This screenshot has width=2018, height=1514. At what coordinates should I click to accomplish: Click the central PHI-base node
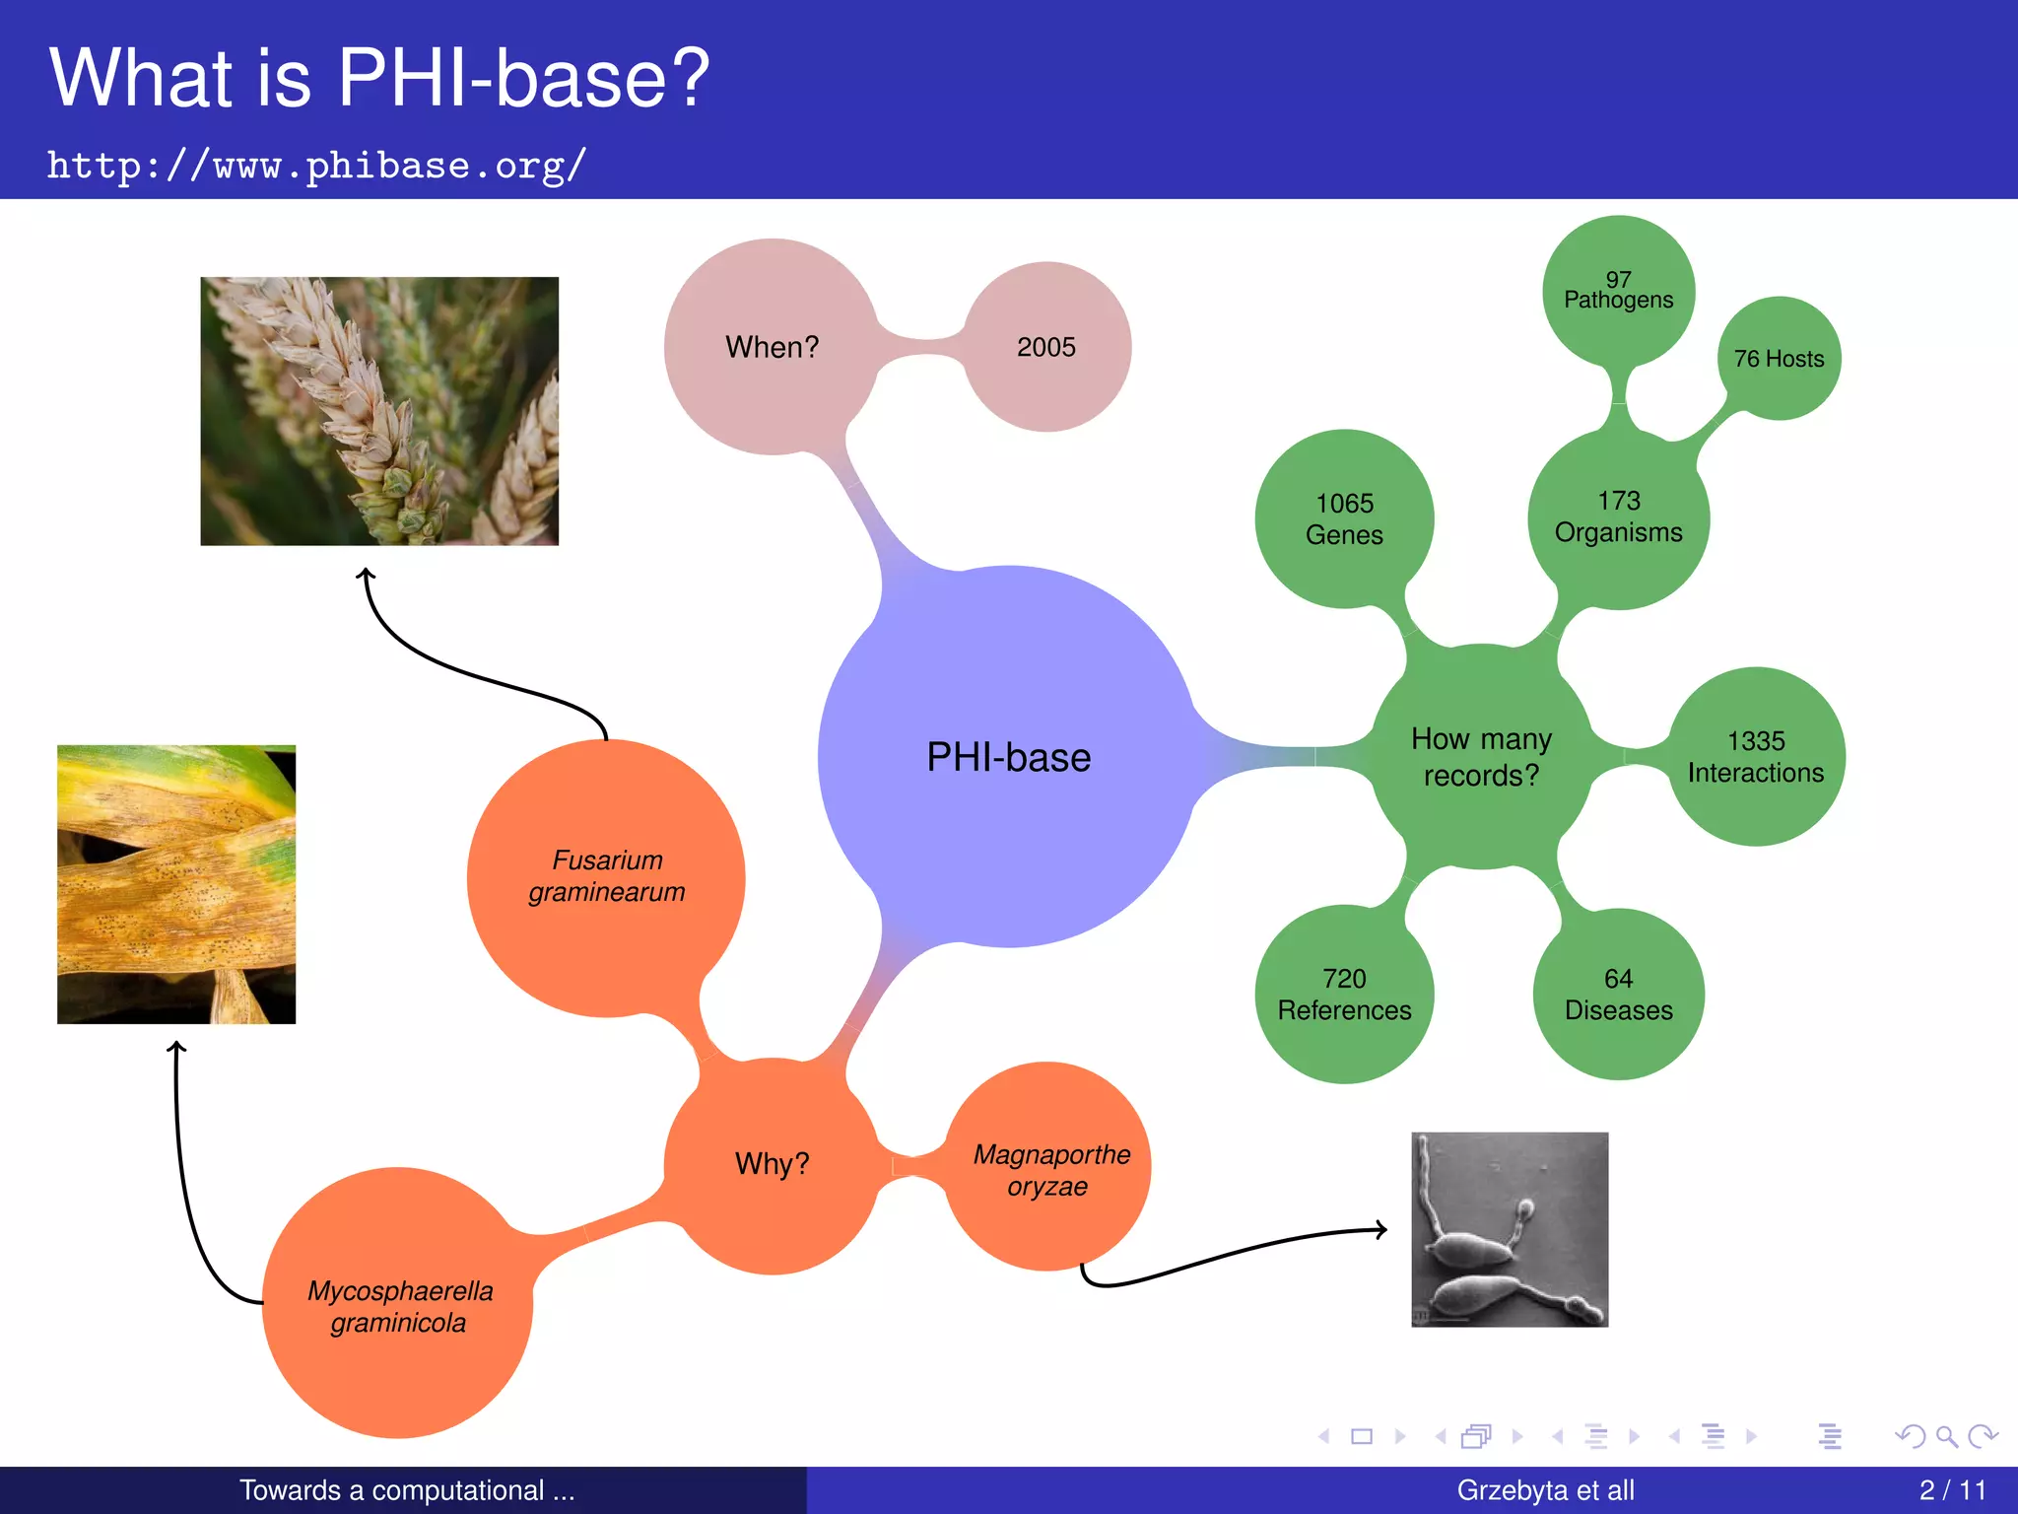[x=1008, y=757]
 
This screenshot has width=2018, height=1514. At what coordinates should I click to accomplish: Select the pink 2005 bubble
[x=1046, y=347]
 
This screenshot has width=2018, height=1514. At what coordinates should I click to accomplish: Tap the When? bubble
[x=772, y=347]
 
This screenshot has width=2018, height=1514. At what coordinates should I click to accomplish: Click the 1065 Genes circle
[x=1344, y=518]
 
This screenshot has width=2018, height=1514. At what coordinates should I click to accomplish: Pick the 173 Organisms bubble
[x=1618, y=516]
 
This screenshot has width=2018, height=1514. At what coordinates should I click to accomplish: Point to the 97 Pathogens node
[x=1618, y=290]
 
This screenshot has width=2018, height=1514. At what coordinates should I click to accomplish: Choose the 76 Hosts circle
[x=1779, y=359]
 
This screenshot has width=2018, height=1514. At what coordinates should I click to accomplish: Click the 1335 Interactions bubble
[x=1756, y=757]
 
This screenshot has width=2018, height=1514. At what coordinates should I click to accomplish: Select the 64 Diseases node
[x=1618, y=994]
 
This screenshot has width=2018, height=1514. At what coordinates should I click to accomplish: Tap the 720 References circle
[x=1344, y=994]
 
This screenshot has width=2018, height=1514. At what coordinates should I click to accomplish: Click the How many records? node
[x=1481, y=757]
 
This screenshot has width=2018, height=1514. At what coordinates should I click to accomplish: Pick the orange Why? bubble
[x=772, y=1164]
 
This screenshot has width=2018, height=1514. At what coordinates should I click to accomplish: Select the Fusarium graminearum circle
[x=606, y=876]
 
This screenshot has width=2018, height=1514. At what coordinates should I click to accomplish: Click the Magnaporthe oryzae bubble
[x=1049, y=1169]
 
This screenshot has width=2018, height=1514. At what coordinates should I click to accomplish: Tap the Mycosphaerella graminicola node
[x=398, y=1305]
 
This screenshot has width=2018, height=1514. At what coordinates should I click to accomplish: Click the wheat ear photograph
[x=379, y=411]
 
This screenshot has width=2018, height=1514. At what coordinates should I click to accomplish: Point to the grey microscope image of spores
[x=1510, y=1229]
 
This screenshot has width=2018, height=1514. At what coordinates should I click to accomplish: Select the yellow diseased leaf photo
[x=176, y=884]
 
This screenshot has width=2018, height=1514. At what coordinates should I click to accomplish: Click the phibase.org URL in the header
[x=316, y=166]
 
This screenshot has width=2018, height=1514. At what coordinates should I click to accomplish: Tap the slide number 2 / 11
[x=1952, y=1489]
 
